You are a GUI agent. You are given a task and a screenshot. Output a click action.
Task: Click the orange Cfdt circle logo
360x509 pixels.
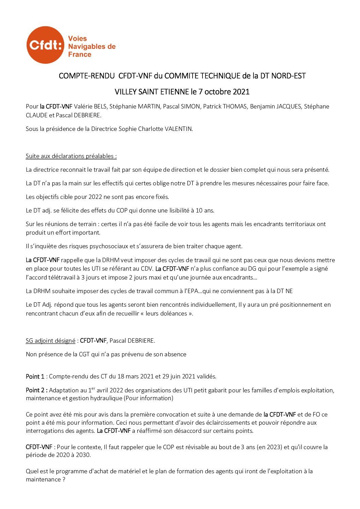pos(45,45)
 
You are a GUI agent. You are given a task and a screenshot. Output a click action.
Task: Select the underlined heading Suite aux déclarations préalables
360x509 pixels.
pos(71,156)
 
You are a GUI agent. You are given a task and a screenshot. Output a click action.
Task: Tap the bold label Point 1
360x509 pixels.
pos(35,377)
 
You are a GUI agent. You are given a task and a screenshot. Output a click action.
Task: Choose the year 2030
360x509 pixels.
pos(83,455)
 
